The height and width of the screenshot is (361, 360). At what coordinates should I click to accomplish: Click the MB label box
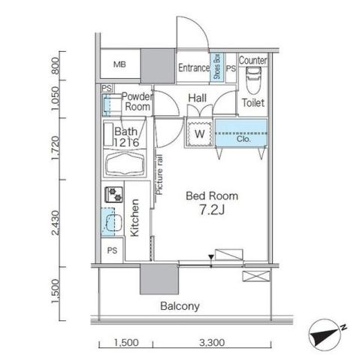119,65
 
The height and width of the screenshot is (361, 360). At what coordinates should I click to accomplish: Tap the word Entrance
193,68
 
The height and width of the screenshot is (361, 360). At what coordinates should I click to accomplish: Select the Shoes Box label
216,67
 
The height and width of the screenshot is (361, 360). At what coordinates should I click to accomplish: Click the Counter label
253,59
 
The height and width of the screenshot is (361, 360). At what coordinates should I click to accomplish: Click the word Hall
198,98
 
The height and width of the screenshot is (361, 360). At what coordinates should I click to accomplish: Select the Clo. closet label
244,139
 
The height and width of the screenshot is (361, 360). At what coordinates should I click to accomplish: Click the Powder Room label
137,102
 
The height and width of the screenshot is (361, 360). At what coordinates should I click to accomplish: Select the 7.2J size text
202,211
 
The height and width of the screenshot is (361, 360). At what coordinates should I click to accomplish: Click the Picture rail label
160,174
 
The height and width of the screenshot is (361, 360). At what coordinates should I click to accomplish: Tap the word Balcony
180,306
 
